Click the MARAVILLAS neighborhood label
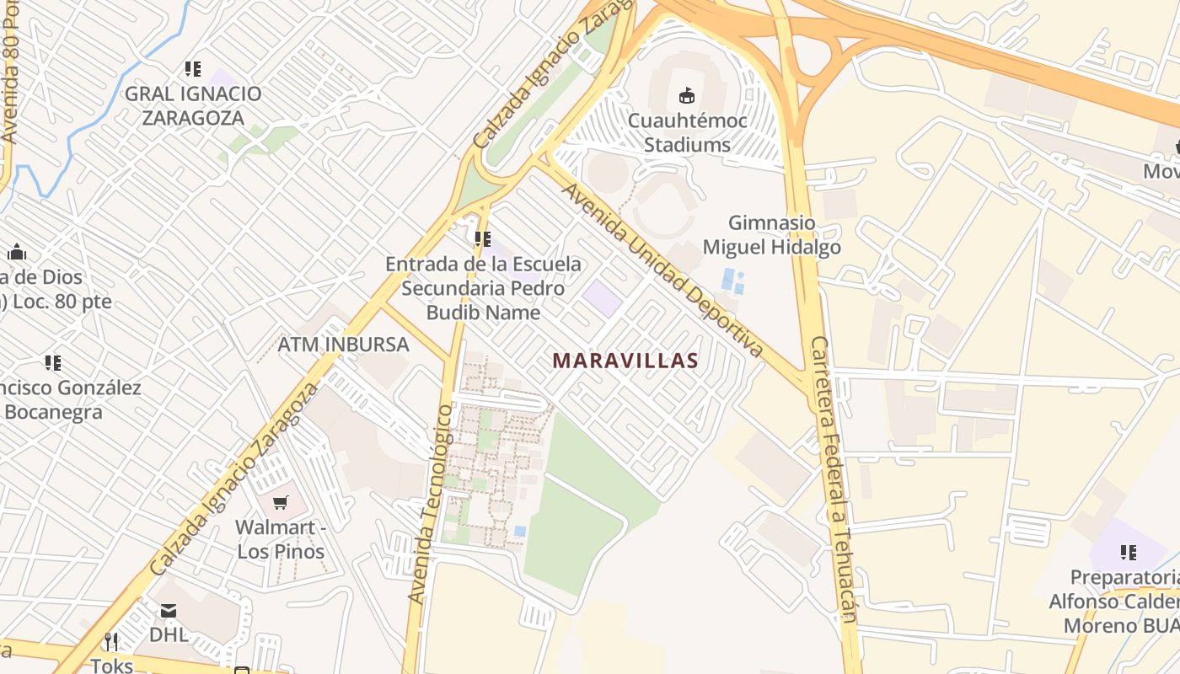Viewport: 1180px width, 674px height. click(x=625, y=361)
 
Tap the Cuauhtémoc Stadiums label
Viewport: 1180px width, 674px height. click(x=687, y=132)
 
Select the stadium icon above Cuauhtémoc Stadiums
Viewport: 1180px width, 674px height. click(x=687, y=95)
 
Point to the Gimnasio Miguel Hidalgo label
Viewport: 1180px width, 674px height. click(x=771, y=235)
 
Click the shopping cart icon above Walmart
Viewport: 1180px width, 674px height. click(x=280, y=503)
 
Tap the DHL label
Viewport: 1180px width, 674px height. click(x=169, y=634)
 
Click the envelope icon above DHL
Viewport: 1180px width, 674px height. click(x=169, y=610)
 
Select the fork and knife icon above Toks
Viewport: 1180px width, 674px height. click(x=111, y=642)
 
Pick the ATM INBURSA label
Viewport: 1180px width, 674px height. click(x=343, y=344)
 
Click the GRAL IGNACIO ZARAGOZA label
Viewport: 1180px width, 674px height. click(x=193, y=105)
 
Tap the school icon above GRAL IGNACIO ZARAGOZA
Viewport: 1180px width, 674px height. click(x=193, y=69)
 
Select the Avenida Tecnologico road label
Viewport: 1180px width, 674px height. click(x=431, y=504)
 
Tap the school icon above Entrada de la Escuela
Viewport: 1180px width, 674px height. click(x=482, y=239)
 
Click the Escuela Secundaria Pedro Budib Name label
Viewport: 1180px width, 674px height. click(x=483, y=288)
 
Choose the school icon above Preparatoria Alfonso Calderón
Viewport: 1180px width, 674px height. click(x=1128, y=553)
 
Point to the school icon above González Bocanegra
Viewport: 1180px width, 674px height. click(x=53, y=363)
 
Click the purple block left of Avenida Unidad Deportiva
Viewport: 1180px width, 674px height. click(x=602, y=299)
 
